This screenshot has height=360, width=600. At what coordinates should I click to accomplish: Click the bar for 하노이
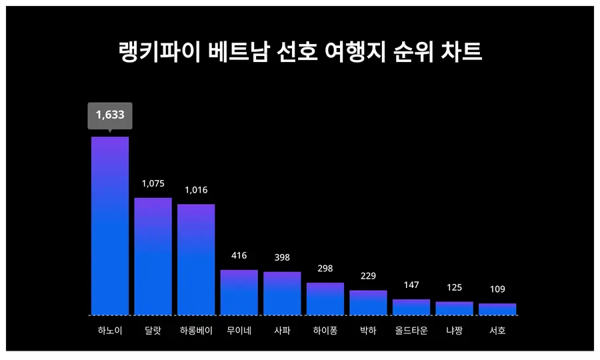pos(110,225)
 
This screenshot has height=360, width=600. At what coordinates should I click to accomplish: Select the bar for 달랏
pos(153,256)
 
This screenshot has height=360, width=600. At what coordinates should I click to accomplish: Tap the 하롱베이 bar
pos(196,259)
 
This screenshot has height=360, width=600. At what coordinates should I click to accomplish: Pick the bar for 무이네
pos(239,292)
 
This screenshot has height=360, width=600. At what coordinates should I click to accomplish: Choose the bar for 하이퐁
pos(325,299)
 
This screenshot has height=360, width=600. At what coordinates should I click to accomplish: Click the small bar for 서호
pos(497,309)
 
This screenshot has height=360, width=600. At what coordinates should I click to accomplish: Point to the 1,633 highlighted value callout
pos(110,115)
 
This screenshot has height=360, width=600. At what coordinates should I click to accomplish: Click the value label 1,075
pos(153,183)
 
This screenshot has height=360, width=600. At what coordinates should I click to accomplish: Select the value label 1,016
pos(196,190)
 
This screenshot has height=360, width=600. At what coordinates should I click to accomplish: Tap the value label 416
pos(239,255)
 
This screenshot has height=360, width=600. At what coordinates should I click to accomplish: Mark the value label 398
pos(282,257)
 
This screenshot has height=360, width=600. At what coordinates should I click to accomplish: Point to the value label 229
pos(368,276)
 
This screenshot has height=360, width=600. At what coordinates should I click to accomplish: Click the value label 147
pos(411,285)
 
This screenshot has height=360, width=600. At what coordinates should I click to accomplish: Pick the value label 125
pos(454,287)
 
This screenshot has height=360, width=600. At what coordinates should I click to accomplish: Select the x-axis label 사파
pos(282,330)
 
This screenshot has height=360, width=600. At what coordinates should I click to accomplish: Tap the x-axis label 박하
pos(368,330)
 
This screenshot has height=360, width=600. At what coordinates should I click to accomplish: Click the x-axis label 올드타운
pos(411,330)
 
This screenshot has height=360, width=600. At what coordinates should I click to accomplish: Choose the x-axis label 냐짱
pos(454,330)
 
